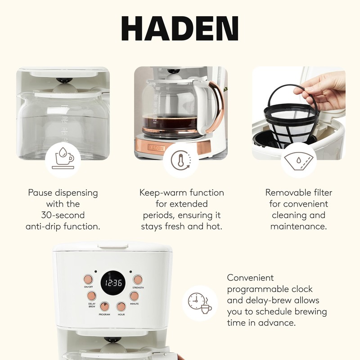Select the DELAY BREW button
click(x=92, y=296)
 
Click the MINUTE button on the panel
click(x=135, y=296)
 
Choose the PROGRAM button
click(x=104, y=306)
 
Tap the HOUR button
click(x=121, y=306)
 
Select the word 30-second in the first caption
click(x=63, y=215)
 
